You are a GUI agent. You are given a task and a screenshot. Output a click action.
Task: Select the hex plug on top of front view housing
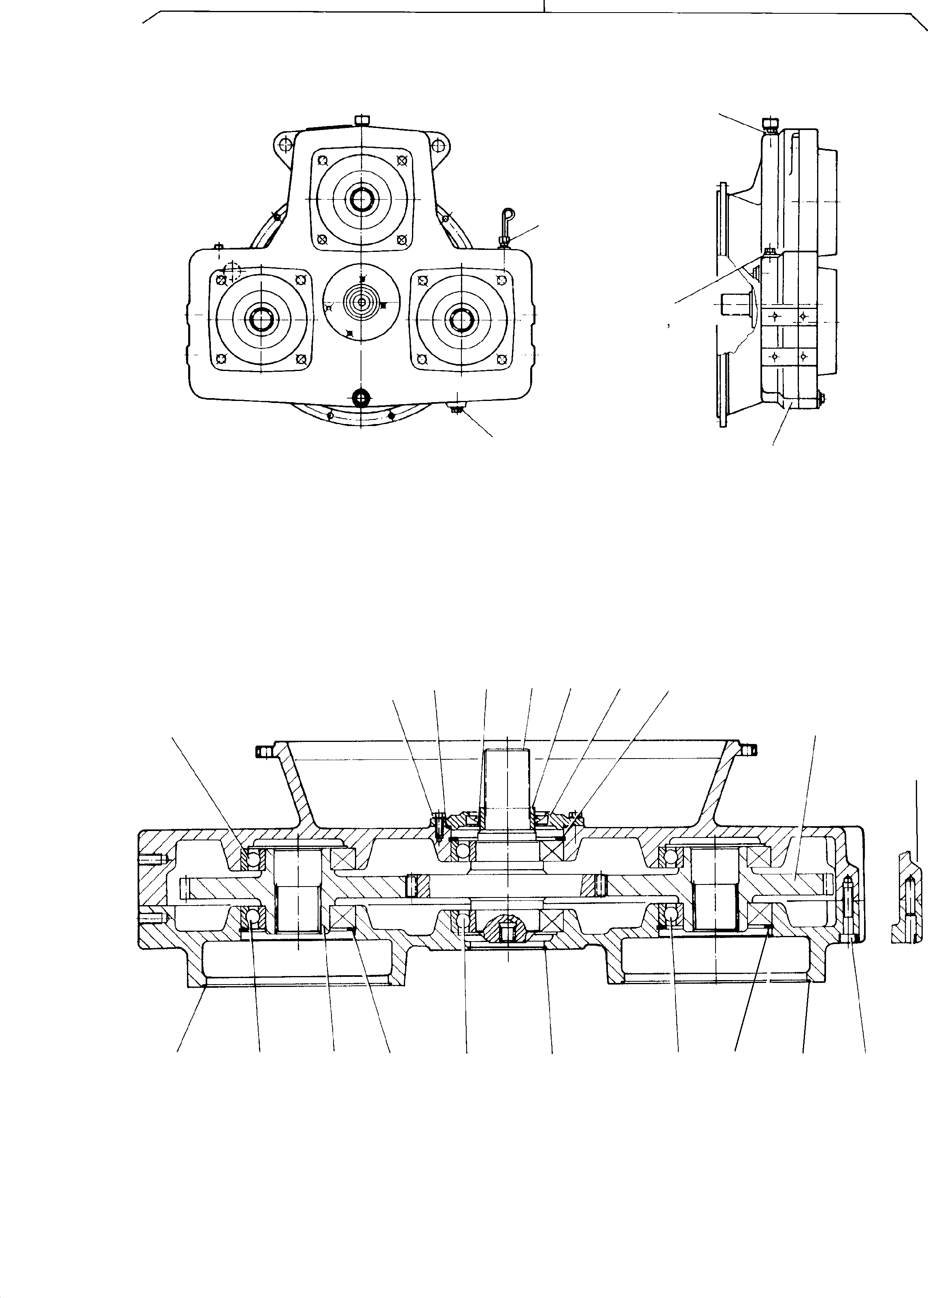[x=362, y=119]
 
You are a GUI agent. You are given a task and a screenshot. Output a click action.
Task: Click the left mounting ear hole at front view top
[x=283, y=145]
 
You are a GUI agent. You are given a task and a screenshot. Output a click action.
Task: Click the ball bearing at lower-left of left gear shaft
[x=251, y=918]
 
